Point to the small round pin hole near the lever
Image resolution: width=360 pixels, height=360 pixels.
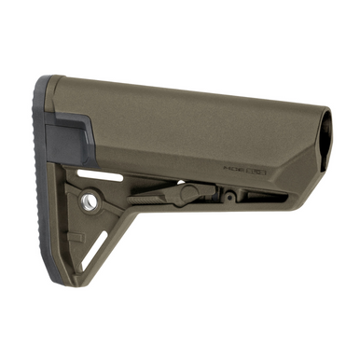click(228, 197)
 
